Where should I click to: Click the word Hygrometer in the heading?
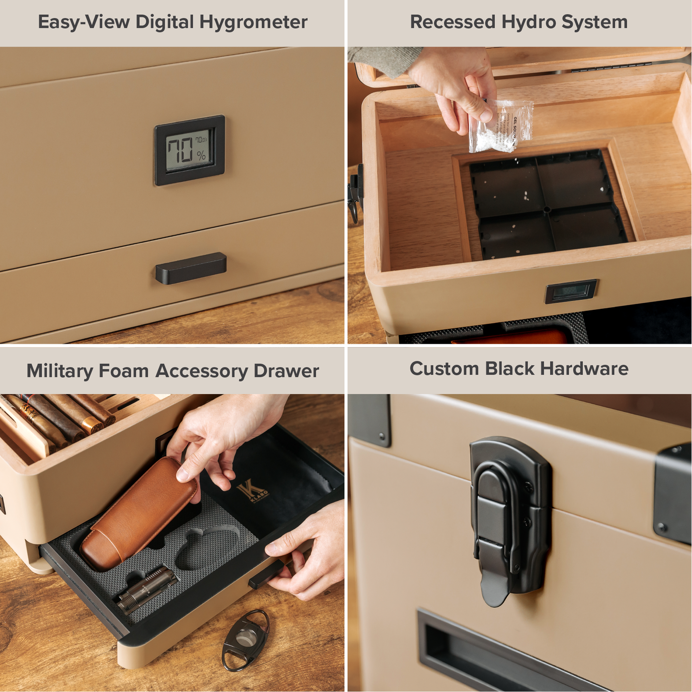pyautogui.click(x=253, y=23)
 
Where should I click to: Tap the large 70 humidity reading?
pyautogui.click(x=180, y=150)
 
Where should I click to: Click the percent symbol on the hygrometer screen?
pyautogui.click(x=201, y=155)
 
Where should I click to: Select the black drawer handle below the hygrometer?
pyautogui.click(x=191, y=268)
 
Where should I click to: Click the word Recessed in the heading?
pyautogui.click(x=452, y=22)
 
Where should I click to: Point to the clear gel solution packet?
pyautogui.click(x=500, y=126)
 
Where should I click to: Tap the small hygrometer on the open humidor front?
pyautogui.click(x=571, y=291)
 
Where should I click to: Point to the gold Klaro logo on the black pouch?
pyautogui.click(x=251, y=492)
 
